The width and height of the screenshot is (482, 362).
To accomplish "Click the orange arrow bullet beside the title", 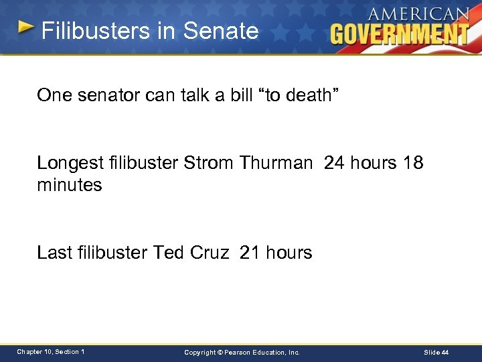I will point(25,27).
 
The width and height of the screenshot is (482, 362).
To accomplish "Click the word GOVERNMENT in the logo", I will point(400,33).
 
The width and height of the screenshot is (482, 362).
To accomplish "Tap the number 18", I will point(413,163).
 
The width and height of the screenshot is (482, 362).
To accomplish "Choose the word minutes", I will point(70,185).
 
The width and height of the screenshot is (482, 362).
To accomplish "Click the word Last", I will point(55,253).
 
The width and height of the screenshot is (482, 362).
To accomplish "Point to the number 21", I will point(249,253).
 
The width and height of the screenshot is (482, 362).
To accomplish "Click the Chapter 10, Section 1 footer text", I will point(51,352).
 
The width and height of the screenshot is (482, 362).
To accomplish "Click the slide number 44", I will point(445,353).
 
